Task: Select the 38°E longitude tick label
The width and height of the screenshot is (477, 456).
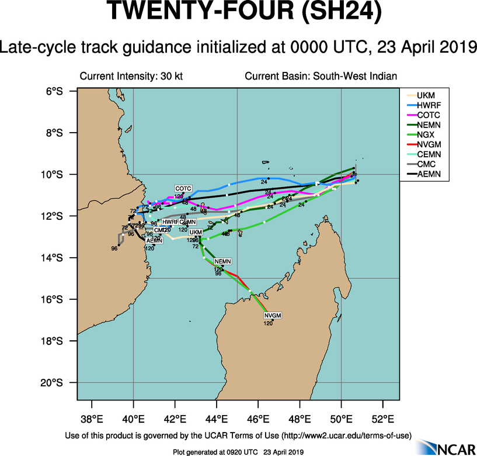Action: click(92, 420)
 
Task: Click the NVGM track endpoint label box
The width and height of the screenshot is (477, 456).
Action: click(273, 316)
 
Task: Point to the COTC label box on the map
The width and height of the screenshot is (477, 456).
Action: click(183, 188)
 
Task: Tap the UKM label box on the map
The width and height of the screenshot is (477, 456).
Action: click(196, 233)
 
